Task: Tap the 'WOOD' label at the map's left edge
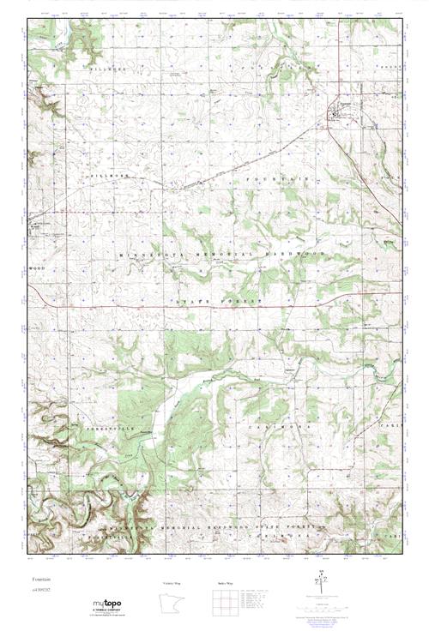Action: point(35,268)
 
